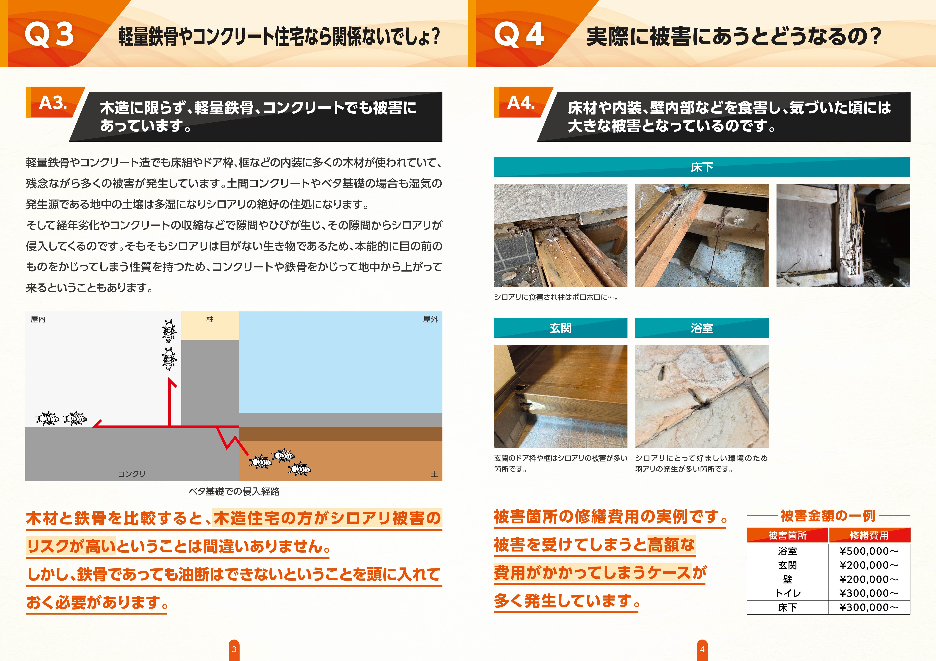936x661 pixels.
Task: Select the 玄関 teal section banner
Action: point(560,328)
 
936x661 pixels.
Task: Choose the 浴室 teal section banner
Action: point(702,328)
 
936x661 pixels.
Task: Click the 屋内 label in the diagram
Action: point(38,319)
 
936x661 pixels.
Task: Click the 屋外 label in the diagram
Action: point(430,319)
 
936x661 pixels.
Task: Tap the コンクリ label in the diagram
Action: point(131,474)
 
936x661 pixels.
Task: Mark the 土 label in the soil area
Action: point(434,474)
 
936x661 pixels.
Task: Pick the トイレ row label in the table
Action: point(787,593)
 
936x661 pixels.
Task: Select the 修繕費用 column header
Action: point(869,535)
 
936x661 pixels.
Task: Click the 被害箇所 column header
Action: point(787,535)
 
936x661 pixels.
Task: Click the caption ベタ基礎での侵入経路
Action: point(234,491)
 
